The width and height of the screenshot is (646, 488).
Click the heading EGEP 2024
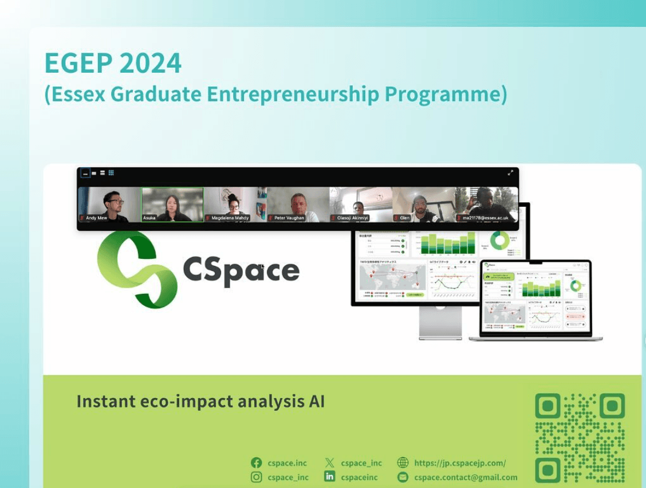coord(113,63)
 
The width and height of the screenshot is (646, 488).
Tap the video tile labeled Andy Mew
coord(109,204)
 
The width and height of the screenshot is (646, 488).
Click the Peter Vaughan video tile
coord(298,204)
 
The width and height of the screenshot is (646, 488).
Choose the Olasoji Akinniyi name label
coord(353,218)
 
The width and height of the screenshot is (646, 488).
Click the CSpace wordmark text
coord(241,270)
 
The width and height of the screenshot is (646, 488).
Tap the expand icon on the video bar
coord(510,172)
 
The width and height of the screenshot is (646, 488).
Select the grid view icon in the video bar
coord(111,172)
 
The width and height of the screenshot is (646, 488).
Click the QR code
coord(580,438)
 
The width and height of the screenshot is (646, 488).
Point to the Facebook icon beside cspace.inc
coord(257,463)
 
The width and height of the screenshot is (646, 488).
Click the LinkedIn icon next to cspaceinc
coord(329,477)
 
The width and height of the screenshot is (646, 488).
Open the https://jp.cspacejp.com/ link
coord(460,463)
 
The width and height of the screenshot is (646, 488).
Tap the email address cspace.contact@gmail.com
coord(466,477)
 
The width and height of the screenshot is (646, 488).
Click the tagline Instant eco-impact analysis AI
coord(200,402)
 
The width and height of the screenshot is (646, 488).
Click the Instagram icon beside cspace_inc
coord(257,477)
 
